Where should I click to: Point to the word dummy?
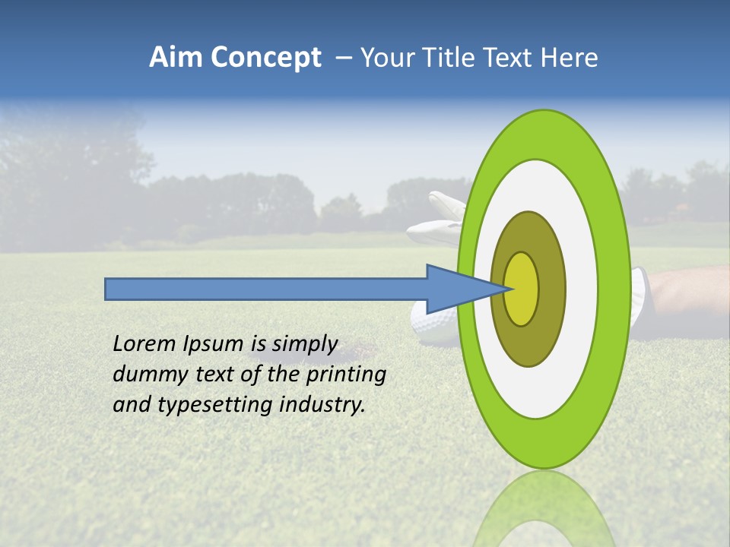pos(144,375)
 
